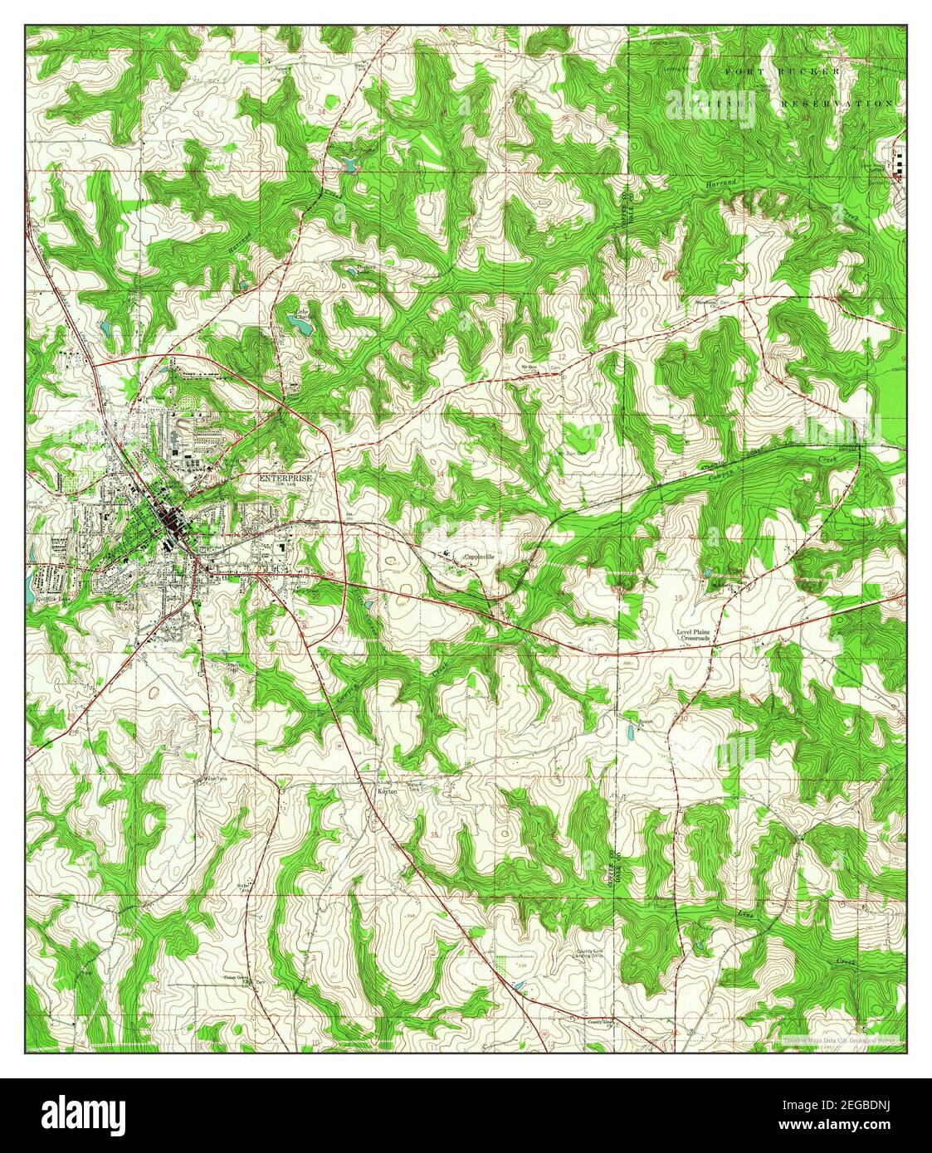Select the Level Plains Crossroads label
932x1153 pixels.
tap(695, 635)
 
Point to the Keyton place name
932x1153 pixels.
tap(388, 792)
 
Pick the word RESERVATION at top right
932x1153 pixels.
tap(837, 104)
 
